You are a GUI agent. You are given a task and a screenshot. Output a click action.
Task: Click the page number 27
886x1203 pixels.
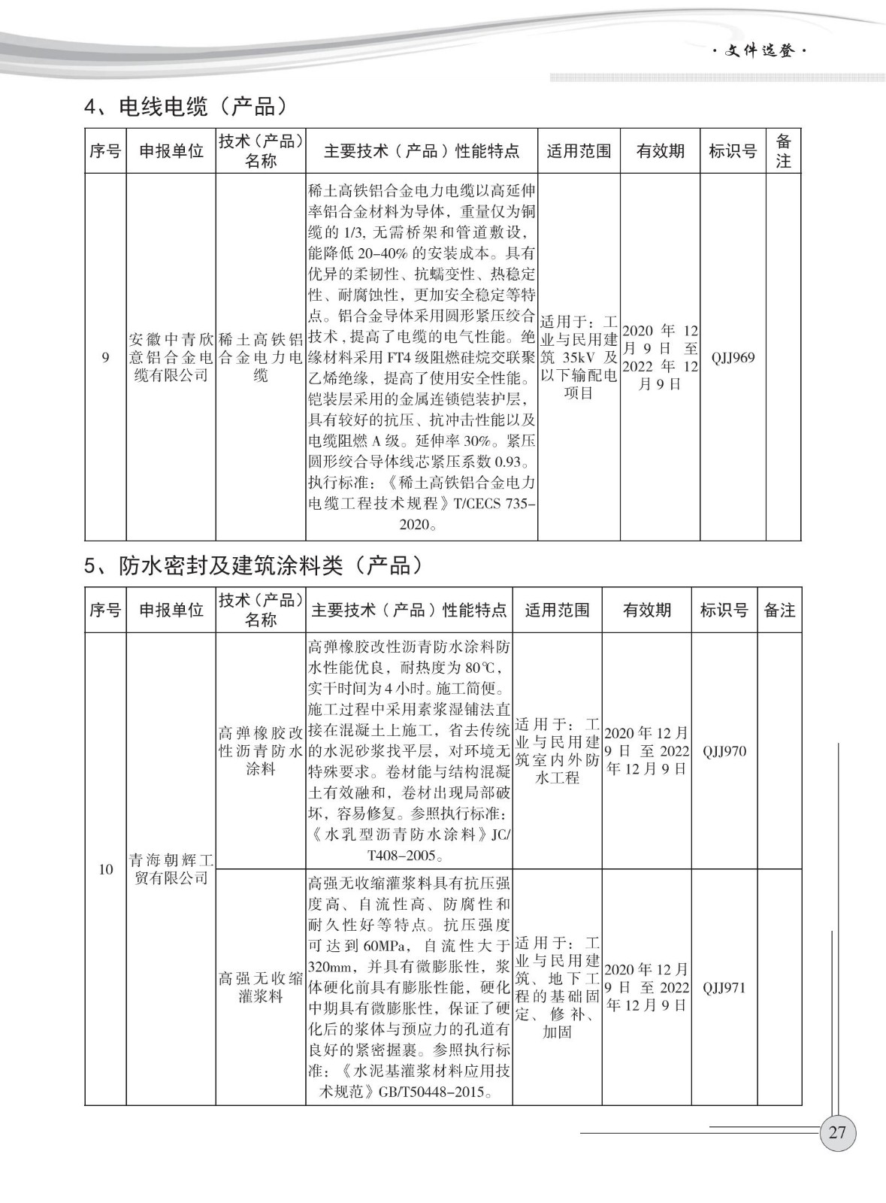(x=837, y=1132)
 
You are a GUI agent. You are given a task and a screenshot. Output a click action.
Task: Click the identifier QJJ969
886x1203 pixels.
(x=733, y=358)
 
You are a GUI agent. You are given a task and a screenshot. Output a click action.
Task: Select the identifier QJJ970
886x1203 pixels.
(x=724, y=751)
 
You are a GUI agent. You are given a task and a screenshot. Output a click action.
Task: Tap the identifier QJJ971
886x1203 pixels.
(x=724, y=987)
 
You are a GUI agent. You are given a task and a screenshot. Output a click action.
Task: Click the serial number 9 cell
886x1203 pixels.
(x=105, y=358)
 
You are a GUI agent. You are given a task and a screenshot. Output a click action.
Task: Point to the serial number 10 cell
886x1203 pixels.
(x=105, y=869)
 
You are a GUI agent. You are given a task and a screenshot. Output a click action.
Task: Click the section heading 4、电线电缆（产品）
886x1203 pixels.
(x=186, y=107)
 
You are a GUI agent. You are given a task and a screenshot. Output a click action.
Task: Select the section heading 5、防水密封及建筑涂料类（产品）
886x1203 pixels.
(x=253, y=565)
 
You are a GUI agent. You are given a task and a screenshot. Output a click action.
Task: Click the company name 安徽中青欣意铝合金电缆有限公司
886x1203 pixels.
(x=171, y=357)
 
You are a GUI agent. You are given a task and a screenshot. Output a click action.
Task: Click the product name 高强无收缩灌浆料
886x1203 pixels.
(x=260, y=987)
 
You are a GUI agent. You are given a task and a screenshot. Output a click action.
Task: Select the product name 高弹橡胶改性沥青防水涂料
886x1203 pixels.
(x=260, y=751)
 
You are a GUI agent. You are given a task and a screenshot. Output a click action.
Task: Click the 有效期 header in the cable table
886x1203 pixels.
(x=660, y=151)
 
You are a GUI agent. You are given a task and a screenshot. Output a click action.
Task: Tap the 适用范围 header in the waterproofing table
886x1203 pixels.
(x=557, y=610)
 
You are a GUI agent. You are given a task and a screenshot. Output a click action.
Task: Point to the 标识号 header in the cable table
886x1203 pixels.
(x=733, y=151)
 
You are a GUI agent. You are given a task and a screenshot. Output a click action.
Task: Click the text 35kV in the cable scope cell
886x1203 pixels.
(x=579, y=357)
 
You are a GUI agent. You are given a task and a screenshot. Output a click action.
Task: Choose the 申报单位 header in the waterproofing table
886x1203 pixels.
(x=171, y=610)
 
